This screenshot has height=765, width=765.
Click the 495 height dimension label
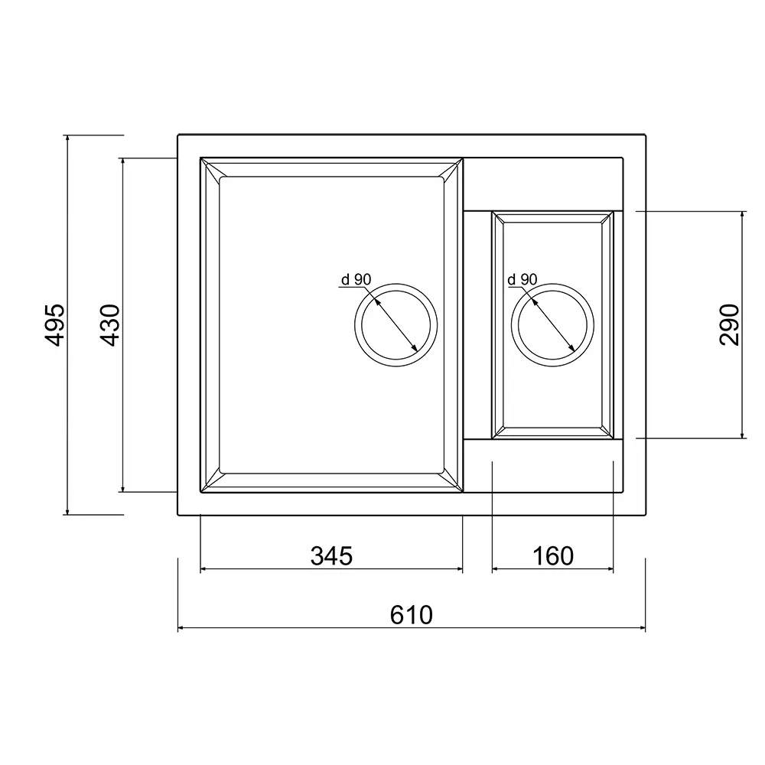point(54,325)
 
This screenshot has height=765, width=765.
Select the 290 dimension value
point(729,325)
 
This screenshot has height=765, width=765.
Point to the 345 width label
point(332,555)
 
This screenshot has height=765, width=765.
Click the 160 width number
point(553,555)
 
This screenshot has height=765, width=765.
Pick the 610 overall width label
point(412,615)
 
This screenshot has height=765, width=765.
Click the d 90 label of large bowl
point(356,279)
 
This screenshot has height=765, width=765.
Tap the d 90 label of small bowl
point(522,279)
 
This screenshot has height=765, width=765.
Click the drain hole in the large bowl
point(396,284)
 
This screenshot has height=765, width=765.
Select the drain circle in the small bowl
point(553,284)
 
